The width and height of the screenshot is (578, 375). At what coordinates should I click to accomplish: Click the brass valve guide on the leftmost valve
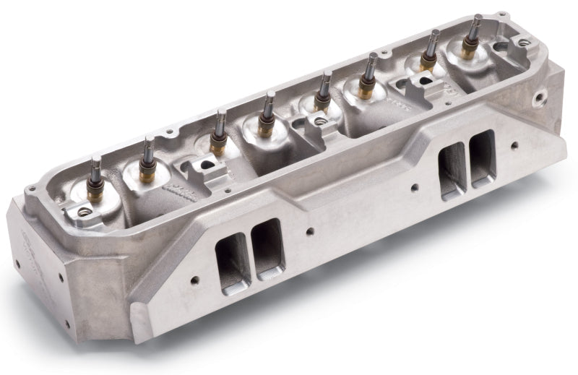pyautogui.click(x=93, y=194)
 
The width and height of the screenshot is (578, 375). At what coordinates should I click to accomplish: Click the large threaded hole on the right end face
pyautogui.click(x=538, y=96)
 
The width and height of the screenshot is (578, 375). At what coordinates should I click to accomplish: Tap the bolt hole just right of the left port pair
pyautogui.click(x=309, y=232)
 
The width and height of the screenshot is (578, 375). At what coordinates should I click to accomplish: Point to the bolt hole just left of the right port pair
pyautogui.click(x=414, y=189)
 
